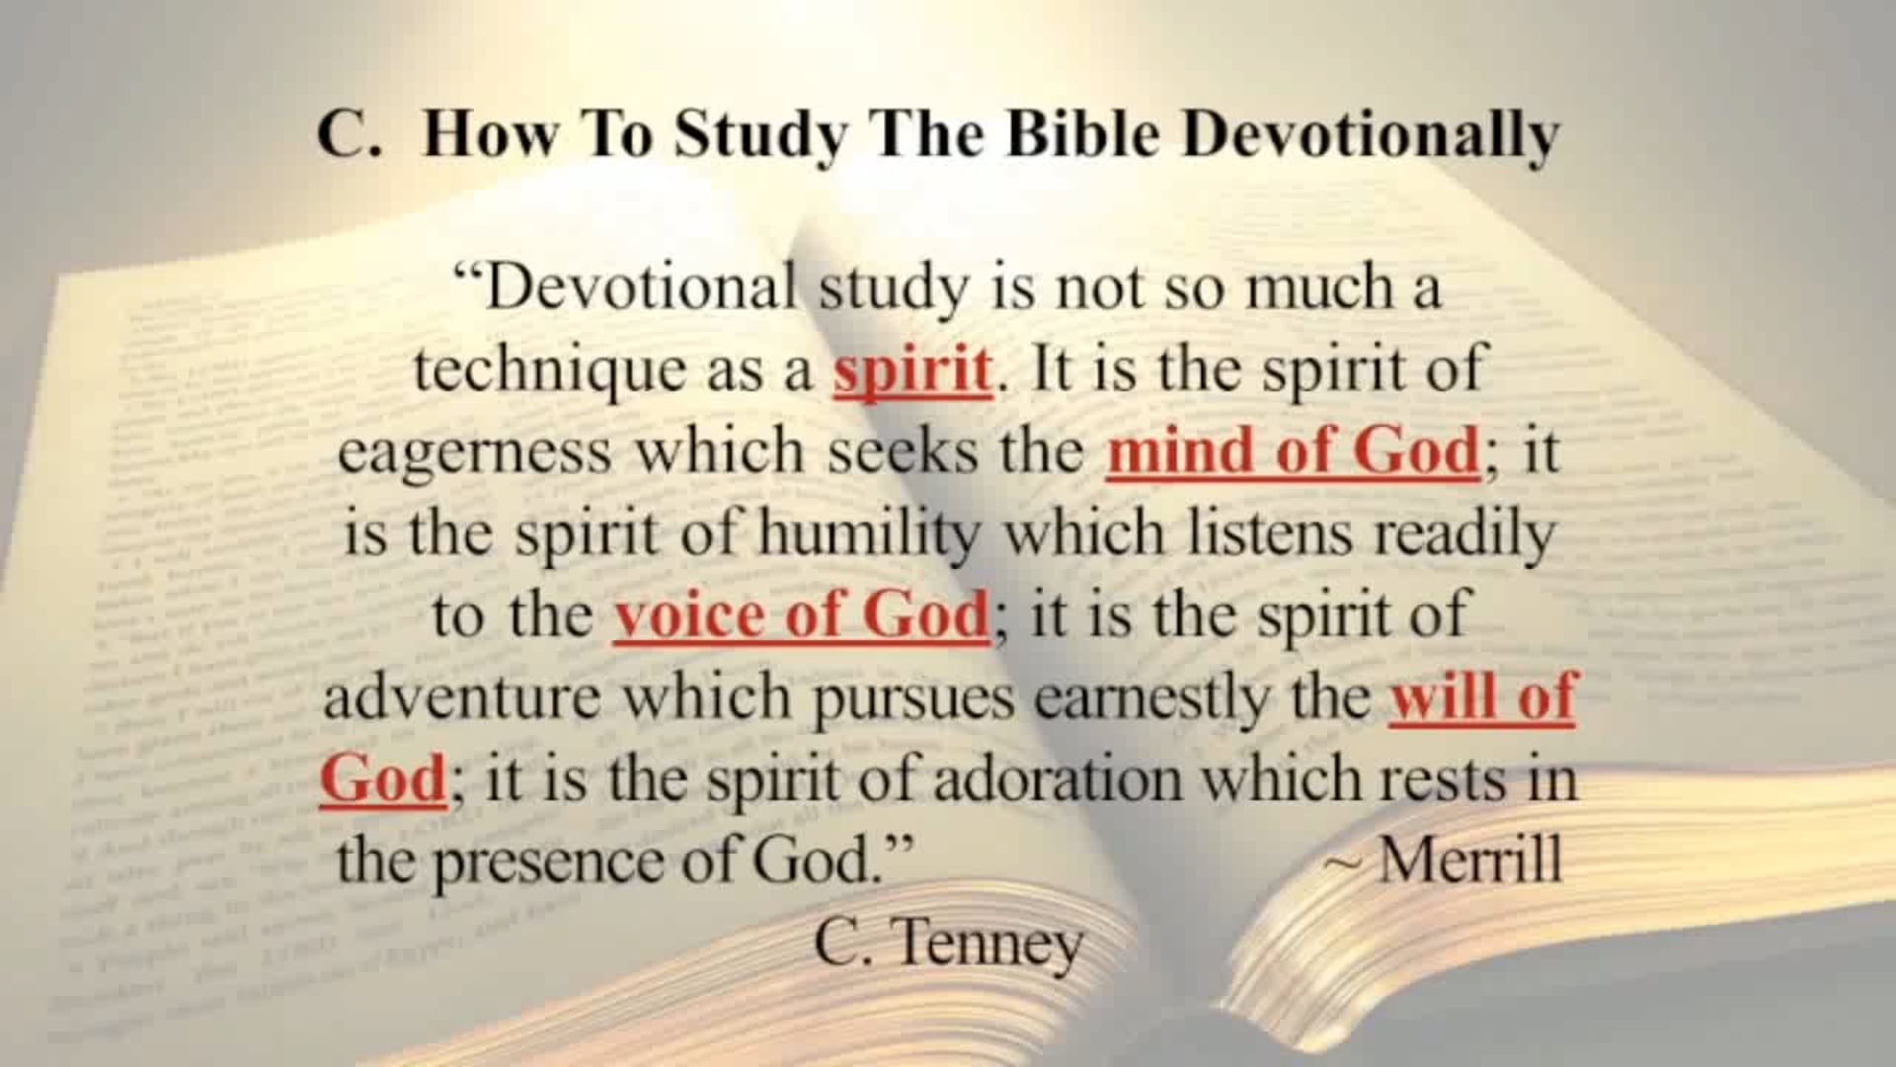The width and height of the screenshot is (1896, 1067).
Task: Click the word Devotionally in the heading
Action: coord(1371,133)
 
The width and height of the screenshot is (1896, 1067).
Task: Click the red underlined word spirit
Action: coord(912,369)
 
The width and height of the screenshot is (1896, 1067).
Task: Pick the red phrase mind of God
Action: coord(1293,451)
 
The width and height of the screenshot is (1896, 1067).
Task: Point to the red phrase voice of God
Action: coord(801,615)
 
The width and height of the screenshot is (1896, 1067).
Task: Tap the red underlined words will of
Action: coord(1481,697)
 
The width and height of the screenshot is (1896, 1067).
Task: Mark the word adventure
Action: coord(461,697)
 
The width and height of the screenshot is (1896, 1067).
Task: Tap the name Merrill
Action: coord(1469,860)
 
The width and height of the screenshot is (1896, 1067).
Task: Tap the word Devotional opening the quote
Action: coord(641,287)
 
